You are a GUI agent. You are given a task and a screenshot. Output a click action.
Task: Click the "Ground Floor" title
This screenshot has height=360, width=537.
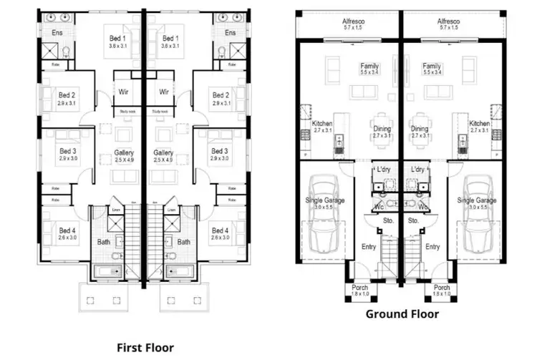402,313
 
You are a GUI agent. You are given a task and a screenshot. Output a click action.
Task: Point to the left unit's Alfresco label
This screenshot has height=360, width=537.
351,22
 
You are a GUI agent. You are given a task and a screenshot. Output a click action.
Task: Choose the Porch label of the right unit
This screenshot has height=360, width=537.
442,288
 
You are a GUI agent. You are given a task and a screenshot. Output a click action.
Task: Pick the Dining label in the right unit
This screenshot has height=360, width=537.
420,129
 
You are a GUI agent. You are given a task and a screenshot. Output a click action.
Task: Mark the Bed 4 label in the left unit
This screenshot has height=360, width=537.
67,230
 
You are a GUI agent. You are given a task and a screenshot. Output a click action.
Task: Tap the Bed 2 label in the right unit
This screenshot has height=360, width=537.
221,95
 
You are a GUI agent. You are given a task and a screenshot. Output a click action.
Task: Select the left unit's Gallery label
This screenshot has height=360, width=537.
125,153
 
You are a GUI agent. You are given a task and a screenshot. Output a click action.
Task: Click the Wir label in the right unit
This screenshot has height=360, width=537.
164,92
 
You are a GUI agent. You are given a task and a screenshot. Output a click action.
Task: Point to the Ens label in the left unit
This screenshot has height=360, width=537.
57,33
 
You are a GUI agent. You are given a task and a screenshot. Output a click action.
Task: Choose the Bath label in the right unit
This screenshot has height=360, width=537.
184,242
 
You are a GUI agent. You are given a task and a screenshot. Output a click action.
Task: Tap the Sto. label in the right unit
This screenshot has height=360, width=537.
413,221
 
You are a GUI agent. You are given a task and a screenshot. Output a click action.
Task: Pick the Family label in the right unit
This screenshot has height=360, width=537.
432,67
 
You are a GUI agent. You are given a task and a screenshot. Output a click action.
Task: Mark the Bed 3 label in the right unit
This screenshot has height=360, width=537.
221,151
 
